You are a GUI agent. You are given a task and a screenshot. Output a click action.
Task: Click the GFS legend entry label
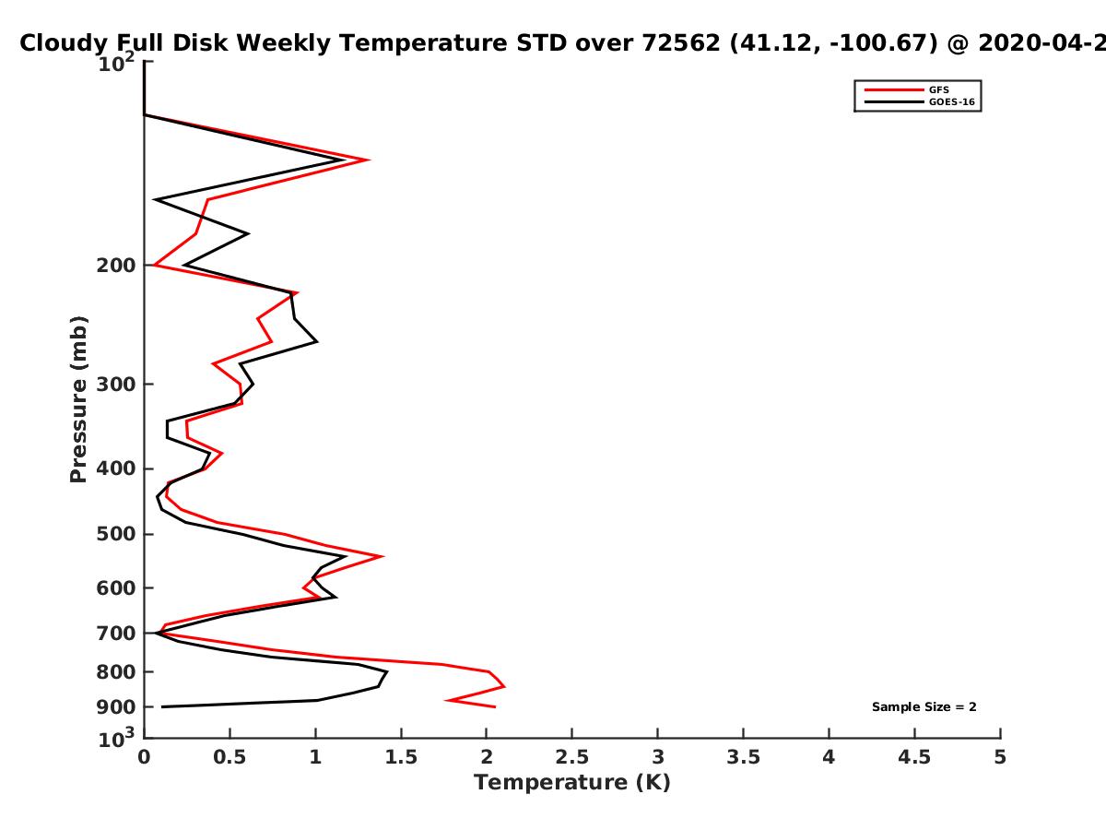click(938, 90)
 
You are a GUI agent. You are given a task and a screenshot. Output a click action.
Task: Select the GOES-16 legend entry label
click(952, 101)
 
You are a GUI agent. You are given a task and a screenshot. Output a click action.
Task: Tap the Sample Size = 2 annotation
click(924, 707)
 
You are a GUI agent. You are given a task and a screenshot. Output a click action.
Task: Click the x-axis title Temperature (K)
click(572, 783)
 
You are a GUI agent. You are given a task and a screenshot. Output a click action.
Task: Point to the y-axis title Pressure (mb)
click(78, 399)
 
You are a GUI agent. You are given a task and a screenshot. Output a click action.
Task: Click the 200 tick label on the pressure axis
click(116, 266)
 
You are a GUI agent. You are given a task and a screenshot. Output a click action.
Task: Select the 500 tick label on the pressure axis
click(116, 534)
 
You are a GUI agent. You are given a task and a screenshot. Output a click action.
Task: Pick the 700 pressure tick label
click(116, 634)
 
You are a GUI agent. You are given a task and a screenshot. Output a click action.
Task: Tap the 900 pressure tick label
click(116, 707)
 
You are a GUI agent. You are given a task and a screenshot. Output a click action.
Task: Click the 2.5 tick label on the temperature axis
click(572, 757)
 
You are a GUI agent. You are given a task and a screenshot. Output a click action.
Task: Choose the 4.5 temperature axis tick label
click(914, 757)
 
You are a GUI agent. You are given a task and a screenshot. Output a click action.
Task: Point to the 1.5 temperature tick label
click(401, 757)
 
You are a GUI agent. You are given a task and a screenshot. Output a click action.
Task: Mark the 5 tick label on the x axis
click(1000, 757)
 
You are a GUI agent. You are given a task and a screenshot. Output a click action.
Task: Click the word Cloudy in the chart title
click(63, 43)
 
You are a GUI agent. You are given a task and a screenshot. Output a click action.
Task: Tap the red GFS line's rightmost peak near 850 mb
click(504, 686)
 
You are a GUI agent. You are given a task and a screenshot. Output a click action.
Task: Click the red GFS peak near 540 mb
click(382, 556)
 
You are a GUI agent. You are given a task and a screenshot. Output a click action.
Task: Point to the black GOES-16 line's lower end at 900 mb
click(162, 707)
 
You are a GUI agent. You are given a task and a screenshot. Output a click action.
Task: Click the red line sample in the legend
click(894, 90)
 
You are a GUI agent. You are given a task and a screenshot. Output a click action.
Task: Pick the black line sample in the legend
click(894, 102)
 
